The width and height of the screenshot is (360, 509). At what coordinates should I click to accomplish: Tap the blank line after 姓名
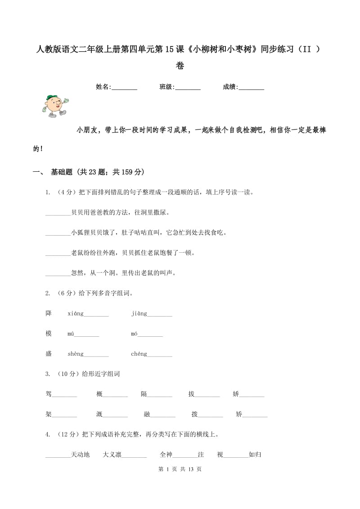[x=124, y=88]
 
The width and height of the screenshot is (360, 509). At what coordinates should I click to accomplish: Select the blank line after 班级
[x=188, y=88]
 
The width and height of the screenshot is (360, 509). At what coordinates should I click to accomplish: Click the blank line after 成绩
[x=251, y=88]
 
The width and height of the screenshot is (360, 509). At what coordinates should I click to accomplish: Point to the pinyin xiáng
[x=76, y=313]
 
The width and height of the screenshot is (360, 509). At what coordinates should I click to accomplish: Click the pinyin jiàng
[x=139, y=313]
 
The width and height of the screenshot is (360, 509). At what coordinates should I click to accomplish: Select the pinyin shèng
[x=76, y=354]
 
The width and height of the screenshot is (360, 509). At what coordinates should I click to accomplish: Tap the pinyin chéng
[x=139, y=354]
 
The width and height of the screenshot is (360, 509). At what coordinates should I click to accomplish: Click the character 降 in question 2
[x=49, y=313]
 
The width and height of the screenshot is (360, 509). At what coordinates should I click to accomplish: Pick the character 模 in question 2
[x=49, y=334]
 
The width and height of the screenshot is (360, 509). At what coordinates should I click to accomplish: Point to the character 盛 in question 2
[x=49, y=354]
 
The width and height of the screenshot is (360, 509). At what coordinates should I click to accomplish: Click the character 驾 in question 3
[x=49, y=394]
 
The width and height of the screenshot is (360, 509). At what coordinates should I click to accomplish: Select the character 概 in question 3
[x=99, y=394]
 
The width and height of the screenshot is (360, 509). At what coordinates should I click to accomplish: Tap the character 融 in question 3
[x=147, y=415]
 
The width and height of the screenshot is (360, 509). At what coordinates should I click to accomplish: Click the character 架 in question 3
[x=49, y=415]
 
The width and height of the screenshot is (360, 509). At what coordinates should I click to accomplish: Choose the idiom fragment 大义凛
[x=112, y=455]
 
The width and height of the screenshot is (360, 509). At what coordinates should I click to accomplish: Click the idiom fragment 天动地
[x=81, y=455]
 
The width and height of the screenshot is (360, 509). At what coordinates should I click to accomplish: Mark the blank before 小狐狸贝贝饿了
[x=58, y=233]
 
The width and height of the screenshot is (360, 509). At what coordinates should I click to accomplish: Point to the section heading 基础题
[x=62, y=172]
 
